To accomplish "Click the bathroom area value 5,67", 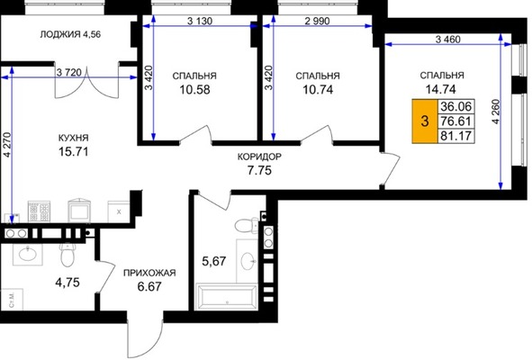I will pyautogui.click(x=215, y=261).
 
